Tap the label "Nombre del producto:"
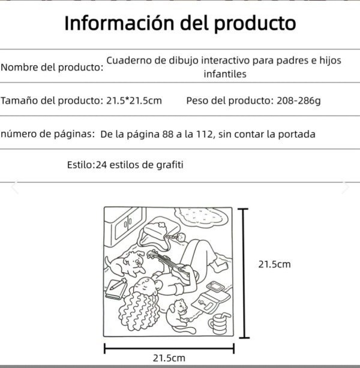(52, 67)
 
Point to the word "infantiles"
(225, 74)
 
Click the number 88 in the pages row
(169, 134)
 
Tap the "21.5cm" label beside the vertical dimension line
(274, 264)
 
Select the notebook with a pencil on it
(114, 290)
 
